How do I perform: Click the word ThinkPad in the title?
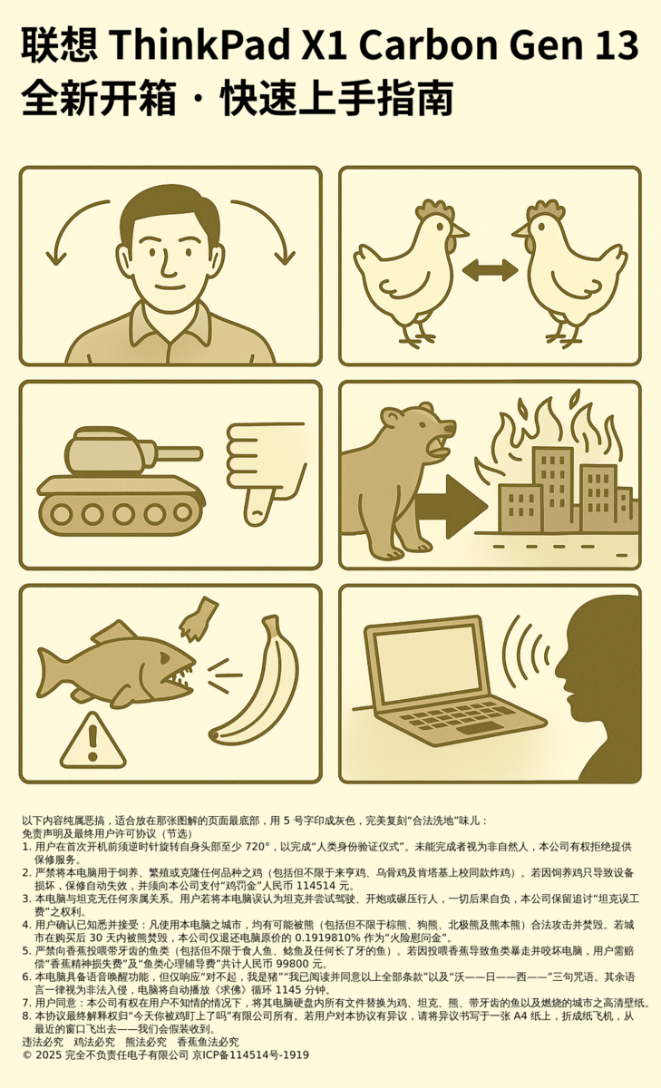199,44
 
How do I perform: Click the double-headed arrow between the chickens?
490,270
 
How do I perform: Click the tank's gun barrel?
179,453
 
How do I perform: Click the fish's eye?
164,658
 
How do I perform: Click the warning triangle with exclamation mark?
92,742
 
